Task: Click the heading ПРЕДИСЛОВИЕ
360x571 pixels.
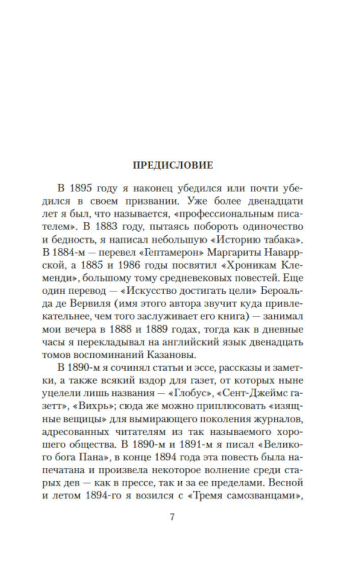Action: coord(173,165)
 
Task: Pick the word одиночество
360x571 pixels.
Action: coord(273,227)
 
